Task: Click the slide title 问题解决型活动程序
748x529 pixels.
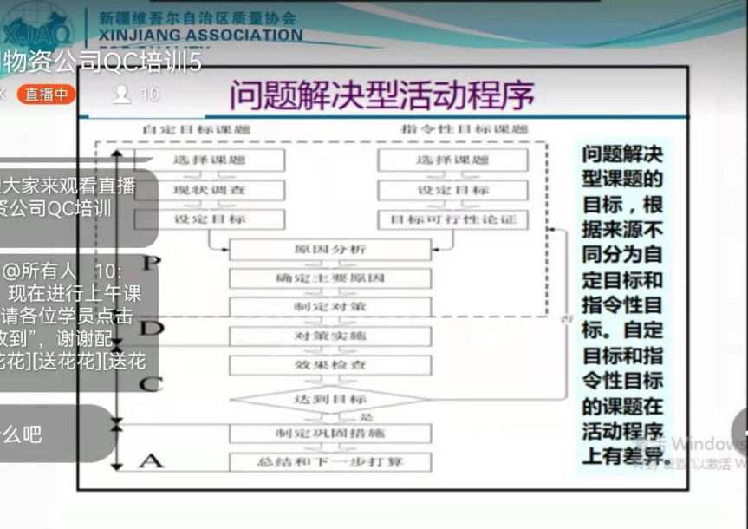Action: tap(381, 95)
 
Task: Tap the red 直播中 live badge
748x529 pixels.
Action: tap(46, 95)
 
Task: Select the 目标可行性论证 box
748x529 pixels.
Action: tap(452, 219)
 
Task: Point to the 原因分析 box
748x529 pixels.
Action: tap(330, 250)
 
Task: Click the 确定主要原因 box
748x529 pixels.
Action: tap(330, 278)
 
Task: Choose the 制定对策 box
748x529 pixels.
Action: tap(330, 307)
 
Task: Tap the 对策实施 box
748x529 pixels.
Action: tap(330, 336)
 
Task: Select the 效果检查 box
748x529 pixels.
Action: tap(330, 364)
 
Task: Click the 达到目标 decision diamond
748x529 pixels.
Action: tap(330, 399)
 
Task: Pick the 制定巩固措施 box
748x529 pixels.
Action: tap(330, 433)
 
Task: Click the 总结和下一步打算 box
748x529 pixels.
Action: tap(330, 461)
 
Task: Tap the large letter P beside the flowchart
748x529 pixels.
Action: tap(151, 263)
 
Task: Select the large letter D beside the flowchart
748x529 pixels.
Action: tap(151, 328)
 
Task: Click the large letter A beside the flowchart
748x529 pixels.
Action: tap(151, 460)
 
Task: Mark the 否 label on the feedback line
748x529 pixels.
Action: tap(569, 320)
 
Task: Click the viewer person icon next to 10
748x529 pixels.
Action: tap(121, 95)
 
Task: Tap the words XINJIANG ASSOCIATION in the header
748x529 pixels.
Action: tap(201, 36)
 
